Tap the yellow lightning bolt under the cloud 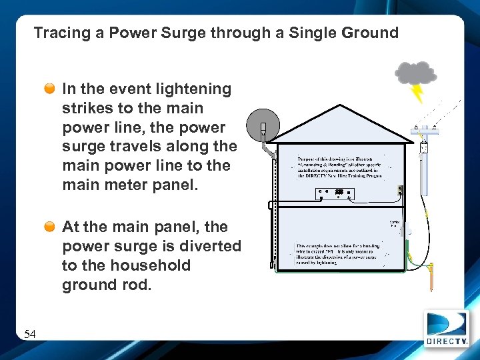(417, 93)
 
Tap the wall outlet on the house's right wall (399, 191)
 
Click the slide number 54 (30, 334)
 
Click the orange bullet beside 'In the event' (50, 89)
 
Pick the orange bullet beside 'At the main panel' (50, 227)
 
